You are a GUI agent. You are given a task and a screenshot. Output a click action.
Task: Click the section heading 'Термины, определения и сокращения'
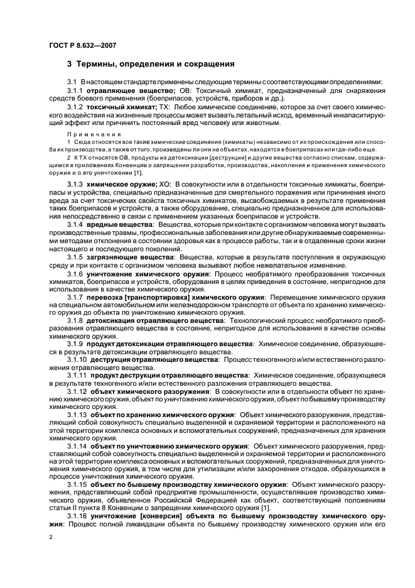150,64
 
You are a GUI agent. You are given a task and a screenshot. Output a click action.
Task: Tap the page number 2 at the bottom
51,537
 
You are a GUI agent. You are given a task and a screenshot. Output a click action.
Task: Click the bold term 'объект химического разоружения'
149,391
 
